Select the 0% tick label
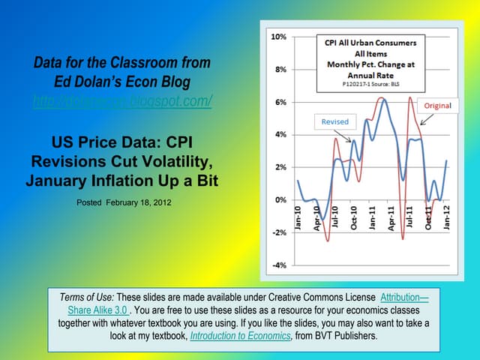click(x=277, y=200)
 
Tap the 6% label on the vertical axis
click(x=277, y=102)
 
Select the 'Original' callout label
click(x=438, y=106)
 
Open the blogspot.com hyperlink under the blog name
click(x=122, y=101)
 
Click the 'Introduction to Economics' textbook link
click(x=241, y=336)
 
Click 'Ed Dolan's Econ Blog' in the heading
click(x=122, y=81)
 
